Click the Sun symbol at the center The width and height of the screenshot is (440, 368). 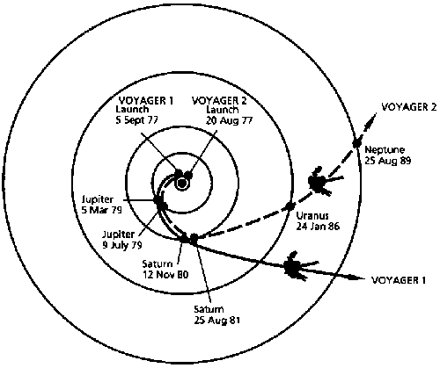182,184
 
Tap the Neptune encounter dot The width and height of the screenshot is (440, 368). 356,143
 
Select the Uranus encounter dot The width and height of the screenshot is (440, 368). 290,206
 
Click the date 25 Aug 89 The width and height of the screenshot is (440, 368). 388,161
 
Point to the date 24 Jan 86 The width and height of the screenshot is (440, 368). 318,226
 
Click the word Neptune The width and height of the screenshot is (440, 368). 385,150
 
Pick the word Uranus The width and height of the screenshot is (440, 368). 312,216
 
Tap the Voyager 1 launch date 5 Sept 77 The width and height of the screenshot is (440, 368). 136,120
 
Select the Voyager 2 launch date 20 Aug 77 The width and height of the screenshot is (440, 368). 229,120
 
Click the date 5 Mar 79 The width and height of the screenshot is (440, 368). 101,210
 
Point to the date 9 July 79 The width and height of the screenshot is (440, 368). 122,244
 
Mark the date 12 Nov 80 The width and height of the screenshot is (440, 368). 165,274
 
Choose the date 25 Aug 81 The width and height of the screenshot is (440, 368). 216,320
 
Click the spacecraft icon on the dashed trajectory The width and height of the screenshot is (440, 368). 319,182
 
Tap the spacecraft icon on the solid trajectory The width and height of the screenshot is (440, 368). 297,266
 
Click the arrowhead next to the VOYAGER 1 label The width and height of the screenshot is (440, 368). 356,278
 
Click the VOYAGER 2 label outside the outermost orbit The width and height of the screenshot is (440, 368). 409,107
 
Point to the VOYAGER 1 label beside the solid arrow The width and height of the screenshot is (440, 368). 399,280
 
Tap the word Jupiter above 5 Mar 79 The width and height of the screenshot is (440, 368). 98,199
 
